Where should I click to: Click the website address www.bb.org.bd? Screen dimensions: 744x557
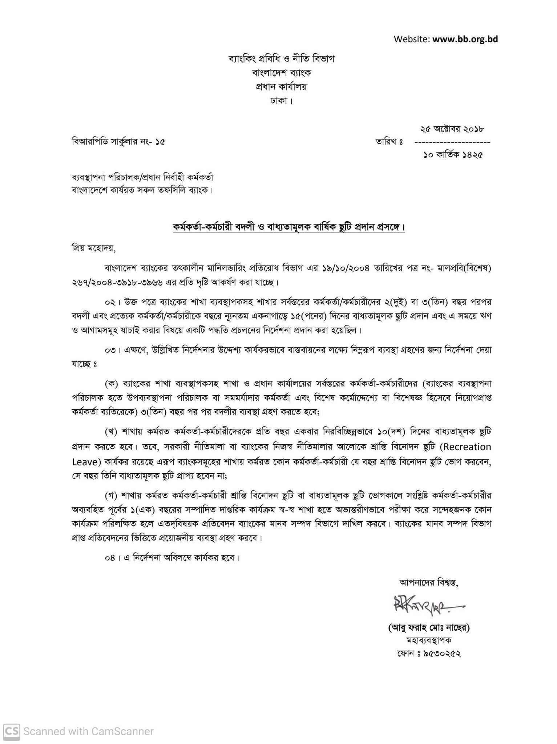point(465,39)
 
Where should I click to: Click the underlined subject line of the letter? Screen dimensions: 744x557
point(288,227)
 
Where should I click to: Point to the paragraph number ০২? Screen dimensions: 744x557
point(110,302)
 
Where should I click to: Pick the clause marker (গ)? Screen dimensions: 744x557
point(111,496)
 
